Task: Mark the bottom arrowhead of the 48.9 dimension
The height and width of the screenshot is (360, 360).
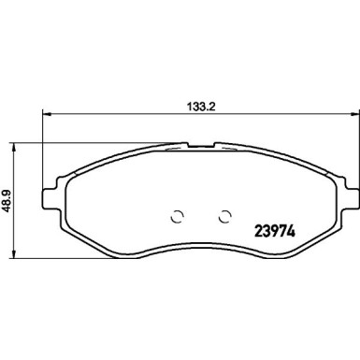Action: (x=13, y=254)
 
